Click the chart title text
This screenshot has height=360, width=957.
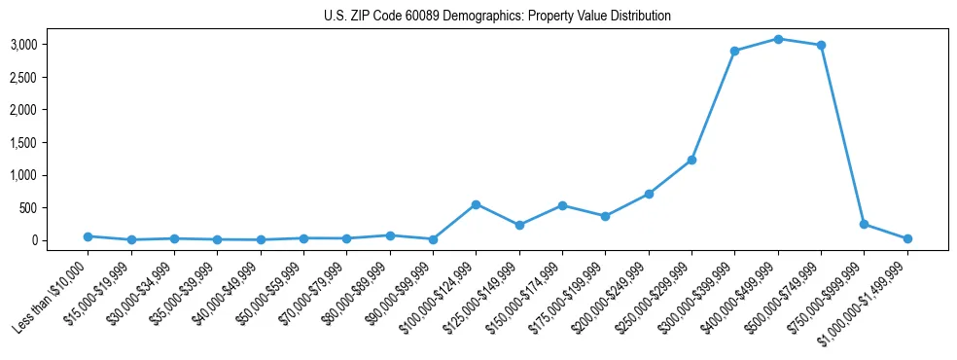click(497, 16)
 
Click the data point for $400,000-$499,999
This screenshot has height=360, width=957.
click(778, 39)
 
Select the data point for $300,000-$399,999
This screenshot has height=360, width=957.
click(735, 51)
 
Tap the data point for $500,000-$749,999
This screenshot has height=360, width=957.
click(821, 45)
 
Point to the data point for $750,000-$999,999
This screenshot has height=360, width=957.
click(864, 224)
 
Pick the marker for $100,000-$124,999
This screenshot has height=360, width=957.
click(476, 204)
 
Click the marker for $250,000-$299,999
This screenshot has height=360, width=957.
click(691, 160)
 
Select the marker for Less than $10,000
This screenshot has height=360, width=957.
click(88, 236)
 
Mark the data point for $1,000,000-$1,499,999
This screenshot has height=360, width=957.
click(907, 238)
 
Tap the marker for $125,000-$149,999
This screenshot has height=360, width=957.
click(519, 225)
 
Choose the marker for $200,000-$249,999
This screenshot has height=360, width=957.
click(649, 194)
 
